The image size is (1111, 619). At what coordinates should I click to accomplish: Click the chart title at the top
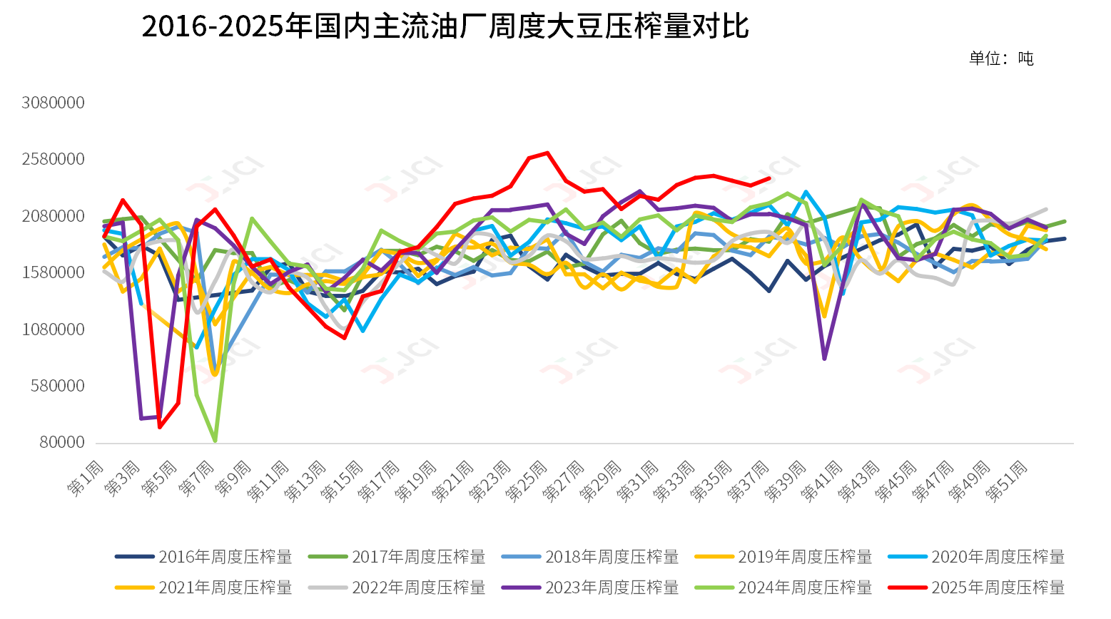445,26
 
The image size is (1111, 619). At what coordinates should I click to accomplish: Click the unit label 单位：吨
1000,58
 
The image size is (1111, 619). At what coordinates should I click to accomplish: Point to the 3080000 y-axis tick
53,103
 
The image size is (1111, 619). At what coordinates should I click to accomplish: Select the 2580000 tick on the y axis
53,159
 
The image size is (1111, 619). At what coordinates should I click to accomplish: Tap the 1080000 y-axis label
53,329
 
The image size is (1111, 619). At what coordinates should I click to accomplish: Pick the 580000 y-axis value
57,386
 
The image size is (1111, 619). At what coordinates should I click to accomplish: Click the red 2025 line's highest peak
547,153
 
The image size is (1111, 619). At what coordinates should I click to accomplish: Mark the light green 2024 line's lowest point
215,441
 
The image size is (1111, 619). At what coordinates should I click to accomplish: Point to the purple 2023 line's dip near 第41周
824,359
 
